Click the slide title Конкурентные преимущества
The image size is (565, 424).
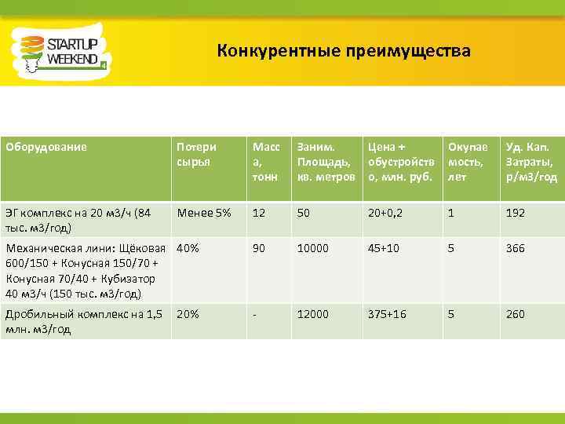pos(344,52)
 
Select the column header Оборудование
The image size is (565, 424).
pos(46,146)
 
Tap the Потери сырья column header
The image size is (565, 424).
pos(197,153)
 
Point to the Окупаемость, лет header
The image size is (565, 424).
pos(467,161)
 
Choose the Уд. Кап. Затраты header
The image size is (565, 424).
pos(531,161)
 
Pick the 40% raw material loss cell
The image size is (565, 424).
pos(188,248)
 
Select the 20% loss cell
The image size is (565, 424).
pos(188,314)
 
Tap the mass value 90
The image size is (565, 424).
pos(258,248)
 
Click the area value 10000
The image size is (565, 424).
pos(313,248)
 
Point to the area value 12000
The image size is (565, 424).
pos(313,314)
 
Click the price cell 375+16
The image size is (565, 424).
pos(387,314)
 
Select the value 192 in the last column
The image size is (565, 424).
pos(516,213)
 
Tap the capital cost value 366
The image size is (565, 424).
pos(516,248)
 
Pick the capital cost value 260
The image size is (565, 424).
pos(516,314)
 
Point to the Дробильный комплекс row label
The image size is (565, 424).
pos(83,321)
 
